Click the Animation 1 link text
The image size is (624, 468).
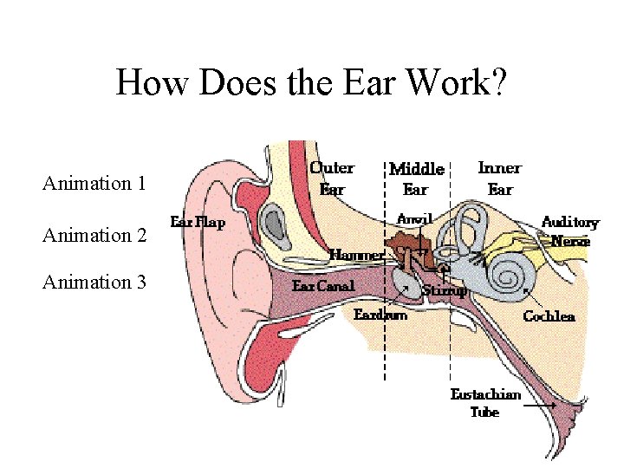tap(94, 183)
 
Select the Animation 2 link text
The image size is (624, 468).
tap(94, 235)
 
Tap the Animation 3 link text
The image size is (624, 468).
tap(94, 282)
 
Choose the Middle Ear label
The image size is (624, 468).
tap(417, 179)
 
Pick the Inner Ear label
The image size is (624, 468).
tap(500, 178)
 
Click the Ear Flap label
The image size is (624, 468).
tap(198, 222)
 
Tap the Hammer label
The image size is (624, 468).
tap(356, 255)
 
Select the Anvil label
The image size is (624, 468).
tap(414, 218)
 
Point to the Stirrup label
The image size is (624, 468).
tap(445, 291)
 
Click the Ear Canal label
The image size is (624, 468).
tap(323, 285)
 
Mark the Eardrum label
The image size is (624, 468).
tap(380, 314)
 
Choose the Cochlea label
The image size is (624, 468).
tap(549, 316)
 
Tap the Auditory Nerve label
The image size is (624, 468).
tap(569, 231)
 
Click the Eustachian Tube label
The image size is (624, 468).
tap(485, 403)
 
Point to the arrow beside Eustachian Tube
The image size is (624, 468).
tap(540, 405)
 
